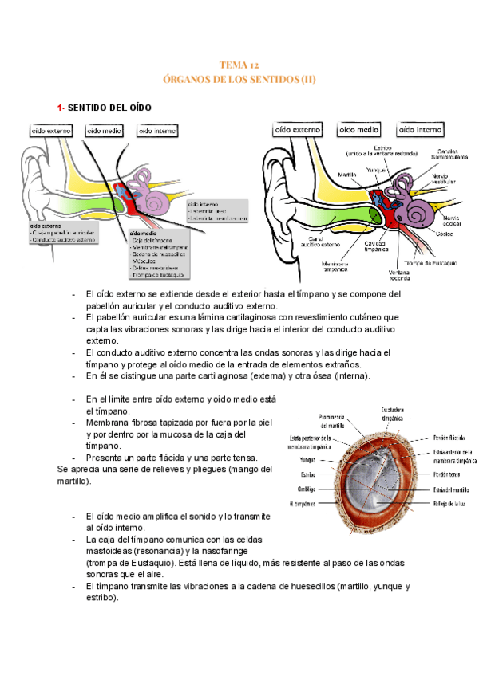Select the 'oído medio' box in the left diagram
[104, 129]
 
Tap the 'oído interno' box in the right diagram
[421, 129]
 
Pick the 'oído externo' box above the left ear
[51, 129]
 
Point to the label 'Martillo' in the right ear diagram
[346, 175]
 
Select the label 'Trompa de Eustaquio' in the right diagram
[429, 263]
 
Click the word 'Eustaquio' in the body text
[137, 562]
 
